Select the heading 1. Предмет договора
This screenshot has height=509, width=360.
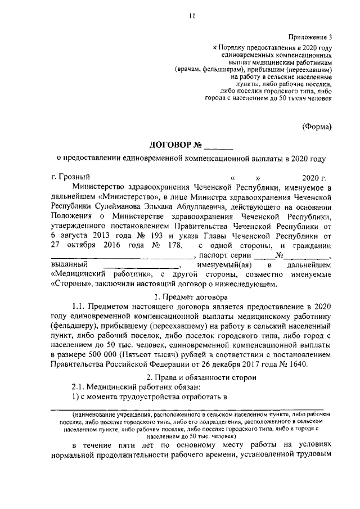point(191,296)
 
